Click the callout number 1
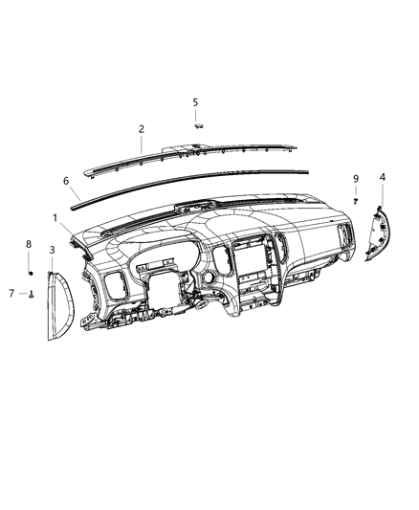pos(56,217)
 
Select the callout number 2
pos(141,128)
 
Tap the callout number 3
pos(52,250)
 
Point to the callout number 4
pos(383,177)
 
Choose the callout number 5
pos(195,101)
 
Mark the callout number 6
pos(66,180)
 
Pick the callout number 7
pos(12,293)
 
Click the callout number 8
pos(29,245)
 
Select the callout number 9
pos(355,179)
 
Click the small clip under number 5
pos(197,123)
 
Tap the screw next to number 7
pos(32,294)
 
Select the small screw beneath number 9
pos(356,200)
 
